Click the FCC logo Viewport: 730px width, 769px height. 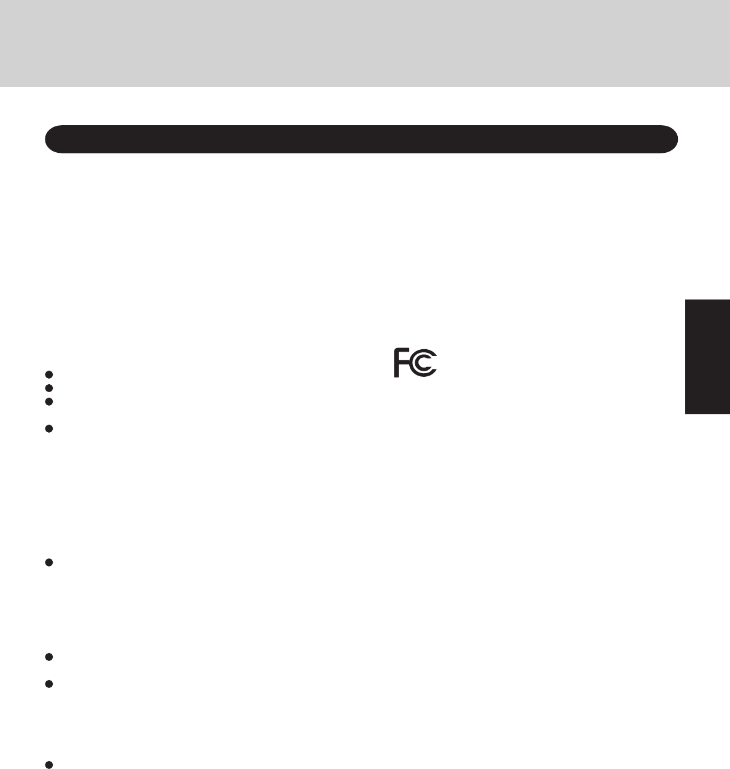pyautogui.click(x=415, y=363)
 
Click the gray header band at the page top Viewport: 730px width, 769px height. pyautogui.click(x=365, y=43)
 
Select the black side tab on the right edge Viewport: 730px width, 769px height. pyautogui.click(x=707, y=357)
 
